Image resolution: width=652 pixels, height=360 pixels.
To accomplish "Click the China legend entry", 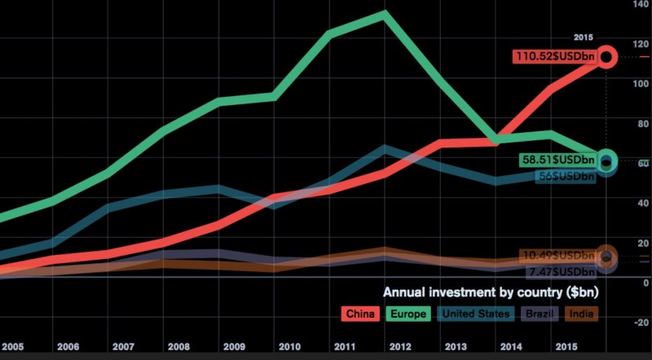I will pyautogui.click(x=359, y=314).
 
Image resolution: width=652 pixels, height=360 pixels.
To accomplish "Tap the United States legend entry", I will pyautogui.click(x=474, y=314).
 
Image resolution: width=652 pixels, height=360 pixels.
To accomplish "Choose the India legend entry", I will pyautogui.click(x=579, y=314).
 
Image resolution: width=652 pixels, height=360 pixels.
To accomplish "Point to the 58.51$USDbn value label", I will pyautogui.click(x=557, y=160).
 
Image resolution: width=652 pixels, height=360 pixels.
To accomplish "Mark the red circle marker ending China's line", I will pyautogui.click(x=607, y=57).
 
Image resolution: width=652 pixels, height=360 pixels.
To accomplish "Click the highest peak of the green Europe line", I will pyautogui.click(x=383, y=14).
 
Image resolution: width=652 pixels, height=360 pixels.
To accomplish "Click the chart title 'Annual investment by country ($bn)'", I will pyautogui.click(x=489, y=292).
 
